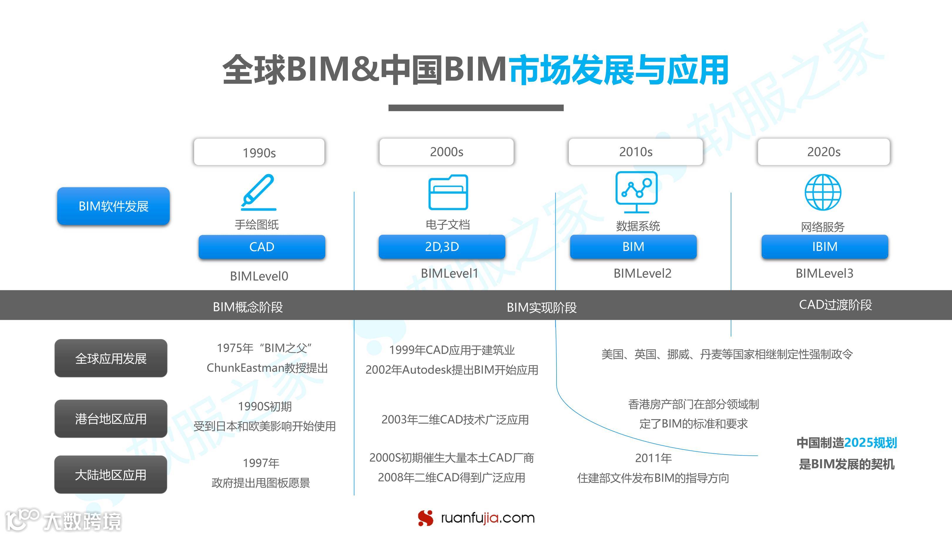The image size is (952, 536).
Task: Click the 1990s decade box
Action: click(x=259, y=152)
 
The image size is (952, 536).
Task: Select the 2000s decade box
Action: click(x=446, y=152)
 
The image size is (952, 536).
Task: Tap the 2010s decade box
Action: click(x=636, y=152)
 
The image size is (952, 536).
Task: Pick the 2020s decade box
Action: click(x=824, y=152)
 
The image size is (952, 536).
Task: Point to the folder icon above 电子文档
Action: click(x=448, y=192)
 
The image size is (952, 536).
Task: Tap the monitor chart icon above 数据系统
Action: click(x=636, y=192)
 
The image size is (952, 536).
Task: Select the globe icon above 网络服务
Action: click(x=823, y=192)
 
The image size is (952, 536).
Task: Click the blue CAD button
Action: click(x=262, y=247)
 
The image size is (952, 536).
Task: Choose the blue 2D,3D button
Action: click(x=442, y=247)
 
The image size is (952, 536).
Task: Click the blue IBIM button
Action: click(x=825, y=247)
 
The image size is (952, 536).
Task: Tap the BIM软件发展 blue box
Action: click(x=113, y=206)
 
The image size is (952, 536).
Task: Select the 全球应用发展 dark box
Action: click(x=111, y=358)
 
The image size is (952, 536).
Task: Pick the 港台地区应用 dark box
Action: click(x=111, y=419)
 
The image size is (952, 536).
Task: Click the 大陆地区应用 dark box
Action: click(x=111, y=475)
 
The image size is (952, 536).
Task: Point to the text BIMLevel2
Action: click(x=642, y=273)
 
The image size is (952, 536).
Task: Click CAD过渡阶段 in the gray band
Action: click(x=835, y=305)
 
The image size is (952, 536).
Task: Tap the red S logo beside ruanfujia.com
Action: click(x=425, y=518)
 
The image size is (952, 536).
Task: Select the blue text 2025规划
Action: click(x=870, y=443)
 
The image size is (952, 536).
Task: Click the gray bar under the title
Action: click(x=476, y=108)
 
